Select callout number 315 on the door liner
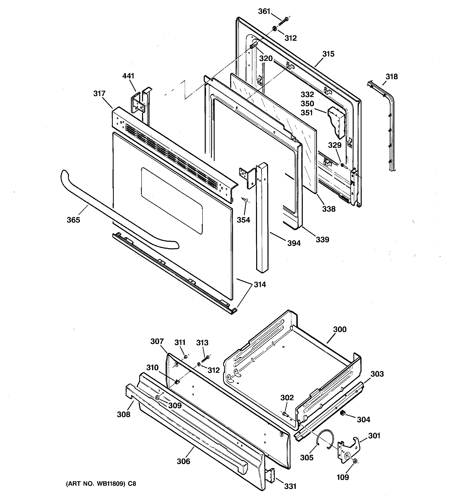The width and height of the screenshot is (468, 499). [329, 54]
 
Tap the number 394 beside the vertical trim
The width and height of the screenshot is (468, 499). [294, 243]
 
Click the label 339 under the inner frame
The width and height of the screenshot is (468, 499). [322, 240]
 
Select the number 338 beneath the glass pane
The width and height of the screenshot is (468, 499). [329, 209]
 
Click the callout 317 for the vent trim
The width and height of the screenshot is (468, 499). [99, 94]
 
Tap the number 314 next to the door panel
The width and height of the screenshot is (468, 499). [260, 285]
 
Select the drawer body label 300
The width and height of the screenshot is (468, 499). [340, 329]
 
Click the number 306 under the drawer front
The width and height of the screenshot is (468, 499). [183, 461]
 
